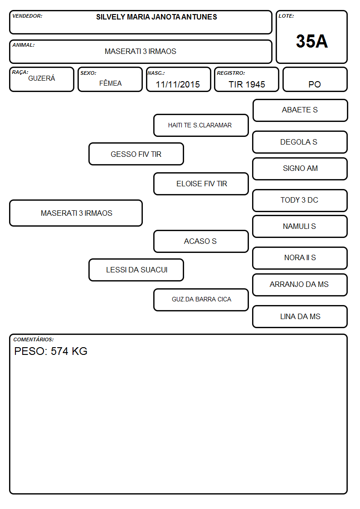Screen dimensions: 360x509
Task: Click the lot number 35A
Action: pos(311,41)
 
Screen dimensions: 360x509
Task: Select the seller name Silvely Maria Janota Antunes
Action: pos(156,17)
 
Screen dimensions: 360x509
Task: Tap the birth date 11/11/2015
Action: pos(178,84)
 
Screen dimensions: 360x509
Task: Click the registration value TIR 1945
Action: pos(247,84)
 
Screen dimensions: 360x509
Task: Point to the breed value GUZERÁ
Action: pos(42,78)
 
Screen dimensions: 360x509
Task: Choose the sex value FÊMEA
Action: pos(110,83)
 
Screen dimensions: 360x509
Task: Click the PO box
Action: pos(315,79)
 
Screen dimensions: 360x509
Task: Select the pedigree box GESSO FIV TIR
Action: pos(136,154)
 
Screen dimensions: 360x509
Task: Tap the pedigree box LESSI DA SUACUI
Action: pos(136,270)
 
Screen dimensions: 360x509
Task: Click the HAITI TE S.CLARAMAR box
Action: pos(201,125)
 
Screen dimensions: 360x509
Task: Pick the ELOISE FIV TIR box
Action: pos(201,184)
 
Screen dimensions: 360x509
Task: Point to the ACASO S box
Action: pos(201,241)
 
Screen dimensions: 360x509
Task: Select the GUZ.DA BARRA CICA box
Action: pos(201,300)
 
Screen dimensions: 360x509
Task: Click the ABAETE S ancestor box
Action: pos(300,111)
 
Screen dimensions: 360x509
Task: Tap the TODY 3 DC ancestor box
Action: pos(300,200)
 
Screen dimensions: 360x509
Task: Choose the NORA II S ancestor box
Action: pos(300,258)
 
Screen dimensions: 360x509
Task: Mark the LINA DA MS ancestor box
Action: pos(300,316)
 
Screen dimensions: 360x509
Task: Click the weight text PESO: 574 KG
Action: pos(51,351)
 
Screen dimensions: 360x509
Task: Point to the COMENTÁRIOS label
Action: pos(34,339)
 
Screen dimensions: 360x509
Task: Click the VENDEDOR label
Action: pos(27,16)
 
